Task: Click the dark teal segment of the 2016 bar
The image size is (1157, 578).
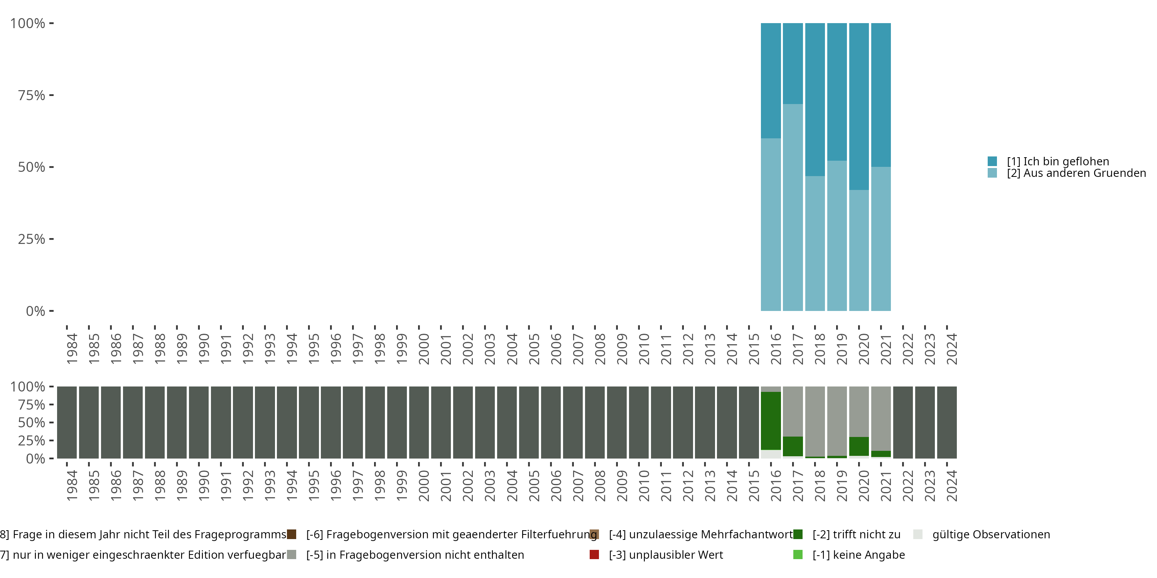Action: coord(770,81)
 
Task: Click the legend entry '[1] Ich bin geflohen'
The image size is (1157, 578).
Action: coord(1058,161)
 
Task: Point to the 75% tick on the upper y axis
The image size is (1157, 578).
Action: coord(51,95)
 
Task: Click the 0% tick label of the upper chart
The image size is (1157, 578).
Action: coord(35,311)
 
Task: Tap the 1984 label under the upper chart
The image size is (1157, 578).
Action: coord(72,349)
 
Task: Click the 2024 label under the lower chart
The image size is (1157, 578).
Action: coord(952,486)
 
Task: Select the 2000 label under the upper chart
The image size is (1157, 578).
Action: coord(423,349)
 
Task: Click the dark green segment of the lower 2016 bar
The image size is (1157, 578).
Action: coord(770,420)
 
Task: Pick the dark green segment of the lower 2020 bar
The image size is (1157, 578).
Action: coord(859,446)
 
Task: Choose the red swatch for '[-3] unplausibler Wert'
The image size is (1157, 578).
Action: coord(594,554)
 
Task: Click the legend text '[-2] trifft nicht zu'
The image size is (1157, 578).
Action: coord(856,534)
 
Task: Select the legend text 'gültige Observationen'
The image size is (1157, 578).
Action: coord(991,534)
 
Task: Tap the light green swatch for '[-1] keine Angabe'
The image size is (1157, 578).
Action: coord(798,554)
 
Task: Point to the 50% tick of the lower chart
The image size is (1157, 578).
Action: coord(51,422)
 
